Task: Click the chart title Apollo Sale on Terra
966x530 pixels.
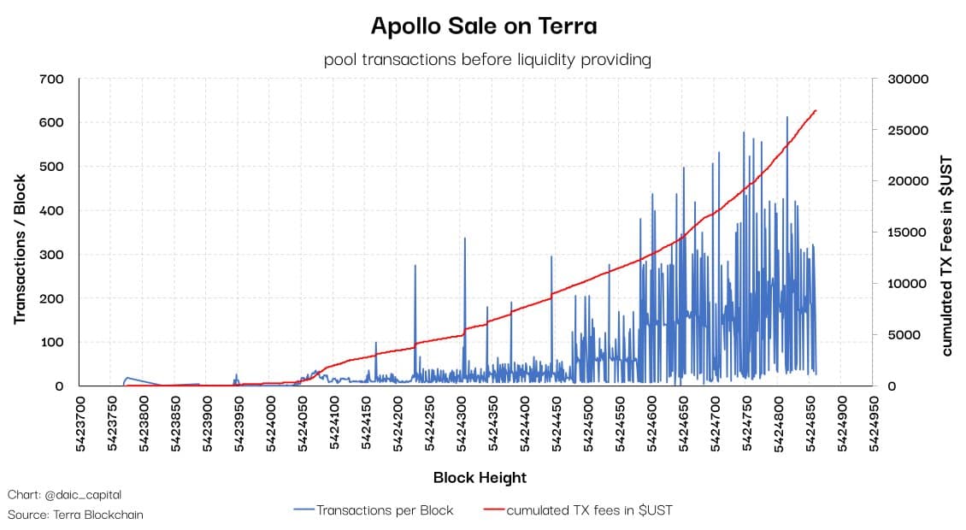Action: coord(483,26)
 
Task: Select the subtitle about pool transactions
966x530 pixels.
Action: coord(487,60)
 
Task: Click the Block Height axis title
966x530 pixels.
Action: coord(480,478)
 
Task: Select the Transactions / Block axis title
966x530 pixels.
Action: coord(20,249)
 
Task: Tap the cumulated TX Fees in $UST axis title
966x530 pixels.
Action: coord(947,255)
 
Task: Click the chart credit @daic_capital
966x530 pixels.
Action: coord(64,495)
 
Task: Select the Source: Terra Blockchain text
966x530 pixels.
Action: coord(75,515)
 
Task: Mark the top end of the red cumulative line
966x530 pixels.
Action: coord(816,110)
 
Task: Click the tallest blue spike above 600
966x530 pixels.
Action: coord(787,118)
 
